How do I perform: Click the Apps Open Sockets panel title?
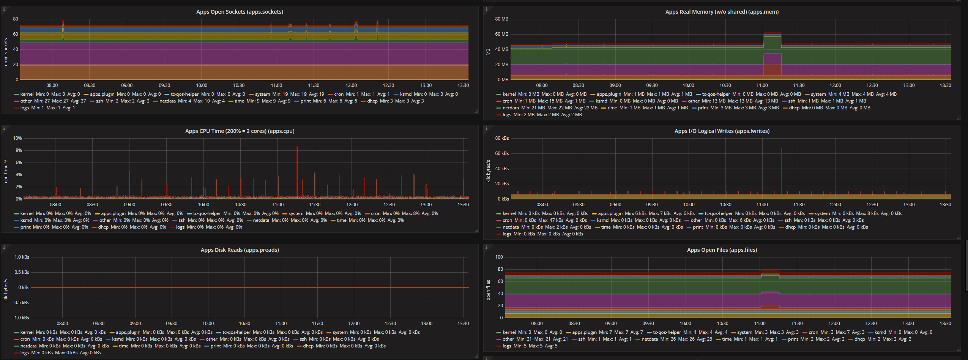(x=240, y=12)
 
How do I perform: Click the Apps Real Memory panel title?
(x=722, y=12)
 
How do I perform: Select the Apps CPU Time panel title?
(x=240, y=131)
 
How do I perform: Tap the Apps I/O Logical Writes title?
(x=722, y=131)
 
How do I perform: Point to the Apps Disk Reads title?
(x=240, y=250)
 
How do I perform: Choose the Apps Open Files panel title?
(x=722, y=250)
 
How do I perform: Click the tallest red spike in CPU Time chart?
(x=297, y=148)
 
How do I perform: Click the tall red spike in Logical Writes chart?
(x=781, y=150)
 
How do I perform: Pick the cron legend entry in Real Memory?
(x=507, y=101)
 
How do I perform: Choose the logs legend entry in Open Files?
(x=506, y=346)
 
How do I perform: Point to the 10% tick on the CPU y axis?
(x=17, y=138)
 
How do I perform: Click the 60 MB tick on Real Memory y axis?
(x=501, y=34)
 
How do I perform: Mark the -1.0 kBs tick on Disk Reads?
(x=21, y=318)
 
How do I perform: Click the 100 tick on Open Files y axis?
(x=499, y=257)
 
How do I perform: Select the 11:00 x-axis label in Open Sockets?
(x=276, y=85)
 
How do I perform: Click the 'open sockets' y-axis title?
(x=6, y=52)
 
